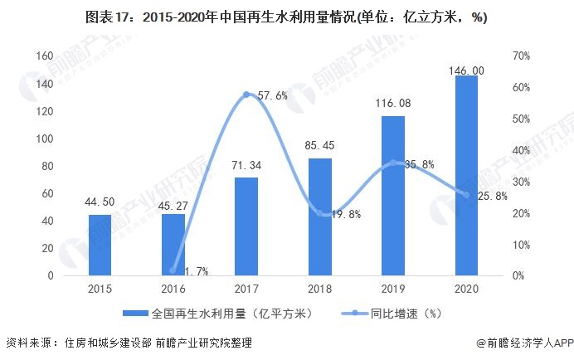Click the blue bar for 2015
pos(100,245)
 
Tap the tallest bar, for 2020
pos(466,176)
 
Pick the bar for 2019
pos(393,196)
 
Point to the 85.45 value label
pos(319,145)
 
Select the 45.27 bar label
pos(173,201)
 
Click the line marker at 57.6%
pos(246,95)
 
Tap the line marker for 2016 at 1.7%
pos(173,270)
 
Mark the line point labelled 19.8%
pos(319,213)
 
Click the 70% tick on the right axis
pos(521,56)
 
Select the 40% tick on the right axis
pos(521,150)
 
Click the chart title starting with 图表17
pos(286,17)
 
